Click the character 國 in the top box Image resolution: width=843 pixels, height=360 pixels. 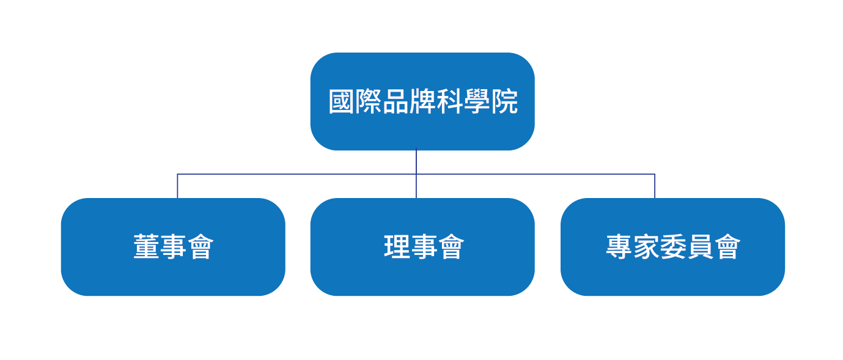pos(342,102)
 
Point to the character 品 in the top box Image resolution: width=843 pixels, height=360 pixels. pos(396,102)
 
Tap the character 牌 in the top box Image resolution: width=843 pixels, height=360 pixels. pos(423,102)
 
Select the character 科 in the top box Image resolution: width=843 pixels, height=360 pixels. pos(450,102)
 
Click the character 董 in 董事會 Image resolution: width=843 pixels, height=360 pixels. pos(146,248)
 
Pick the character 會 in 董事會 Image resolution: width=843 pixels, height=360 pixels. pos(200,248)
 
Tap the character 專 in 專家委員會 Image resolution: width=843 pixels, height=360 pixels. pos(619,248)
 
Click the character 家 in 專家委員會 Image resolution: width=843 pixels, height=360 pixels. pos(646,248)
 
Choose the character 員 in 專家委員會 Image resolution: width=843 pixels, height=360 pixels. pos(700,248)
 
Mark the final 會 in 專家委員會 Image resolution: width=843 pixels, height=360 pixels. pos(727,248)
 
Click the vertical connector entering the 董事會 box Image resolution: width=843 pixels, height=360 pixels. pos(177,186)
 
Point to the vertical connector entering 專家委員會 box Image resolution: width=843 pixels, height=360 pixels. pos(655,186)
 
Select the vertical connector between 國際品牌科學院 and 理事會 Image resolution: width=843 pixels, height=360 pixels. pos(416,163)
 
